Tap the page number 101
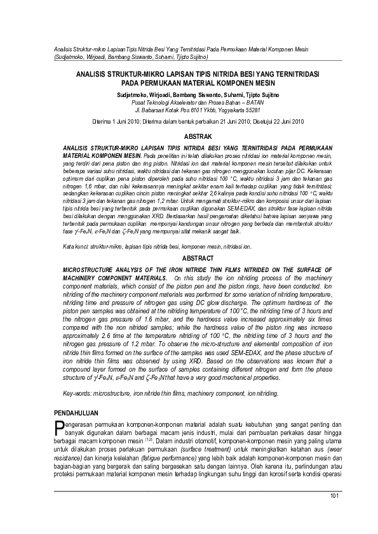point(337,495)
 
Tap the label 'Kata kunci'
point(75,245)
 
